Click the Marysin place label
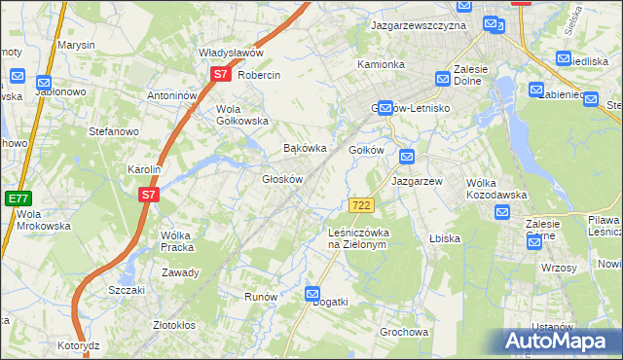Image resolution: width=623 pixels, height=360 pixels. pyautogui.click(x=76, y=46)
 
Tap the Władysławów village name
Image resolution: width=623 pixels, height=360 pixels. pyautogui.click(x=232, y=54)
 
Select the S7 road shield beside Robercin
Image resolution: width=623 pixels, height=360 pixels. pyautogui.click(x=221, y=74)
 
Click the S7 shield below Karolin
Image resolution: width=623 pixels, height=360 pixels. pyautogui.click(x=148, y=195)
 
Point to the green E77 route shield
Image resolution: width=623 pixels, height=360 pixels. pyautogui.click(x=17, y=198)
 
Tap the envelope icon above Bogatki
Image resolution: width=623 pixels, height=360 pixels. pyautogui.click(x=312, y=293)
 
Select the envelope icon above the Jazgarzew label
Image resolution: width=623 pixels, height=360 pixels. pyautogui.click(x=407, y=157)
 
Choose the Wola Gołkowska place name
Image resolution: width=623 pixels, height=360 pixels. pyautogui.click(x=241, y=115)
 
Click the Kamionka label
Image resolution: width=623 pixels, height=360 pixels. pyautogui.click(x=381, y=64)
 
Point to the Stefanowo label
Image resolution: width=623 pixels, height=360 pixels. pyautogui.click(x=114, y=130)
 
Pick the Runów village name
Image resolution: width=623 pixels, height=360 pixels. pyautogui.click(x=261, y=297)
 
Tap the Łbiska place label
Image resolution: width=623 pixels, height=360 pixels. pyautogui.click(x=444, y=238)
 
